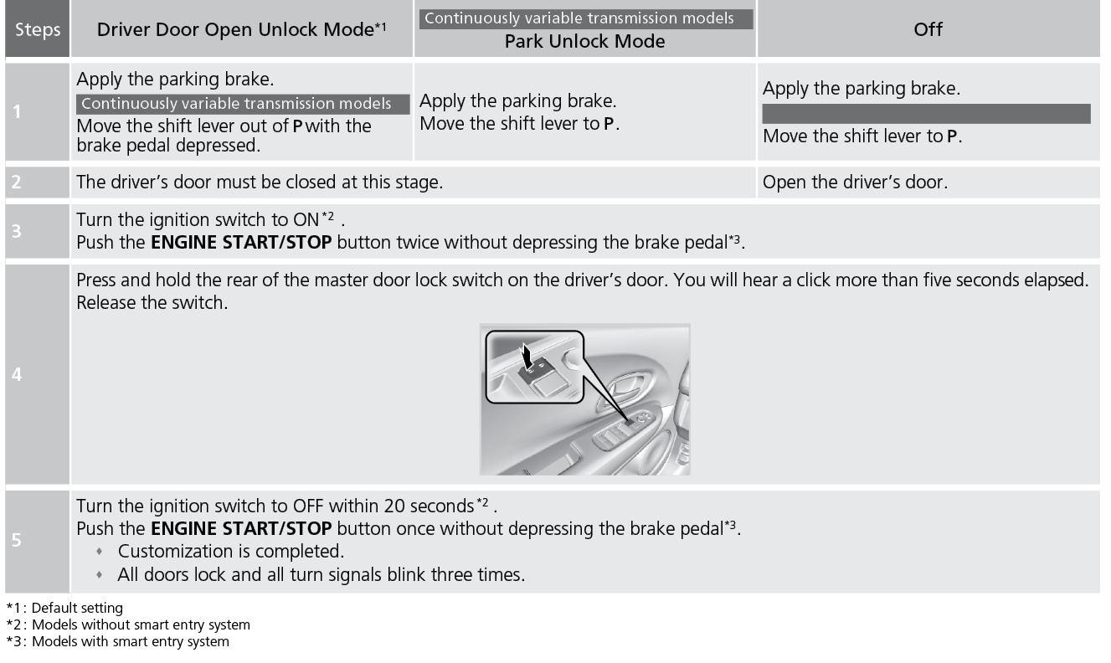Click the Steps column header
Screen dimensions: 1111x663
(38, 29)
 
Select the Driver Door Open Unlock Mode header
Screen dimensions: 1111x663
(241, 29)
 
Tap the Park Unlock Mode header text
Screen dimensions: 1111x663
(584, 41)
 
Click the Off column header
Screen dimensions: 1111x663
(928, 29)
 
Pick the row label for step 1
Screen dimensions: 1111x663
(17, 112)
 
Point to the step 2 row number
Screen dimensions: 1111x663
(17, 182)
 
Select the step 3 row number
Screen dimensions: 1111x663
(17, 231)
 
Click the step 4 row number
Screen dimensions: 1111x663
(17, 374)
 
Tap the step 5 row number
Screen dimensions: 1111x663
(17, 540)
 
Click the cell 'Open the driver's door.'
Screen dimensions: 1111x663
(855, 182)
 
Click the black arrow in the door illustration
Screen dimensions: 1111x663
(527, 357)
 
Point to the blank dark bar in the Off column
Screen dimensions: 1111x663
(927, 114)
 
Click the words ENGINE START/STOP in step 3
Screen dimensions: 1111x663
(241, 243)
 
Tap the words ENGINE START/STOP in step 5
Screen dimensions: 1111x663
(241, 528)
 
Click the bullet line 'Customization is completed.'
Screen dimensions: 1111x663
(220, 552)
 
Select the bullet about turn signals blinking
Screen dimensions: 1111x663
(311, 575)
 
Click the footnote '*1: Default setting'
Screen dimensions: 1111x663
(64, 608)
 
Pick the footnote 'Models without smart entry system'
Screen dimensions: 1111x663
(141, 624)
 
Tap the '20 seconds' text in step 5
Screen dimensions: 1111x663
(429, 506)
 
